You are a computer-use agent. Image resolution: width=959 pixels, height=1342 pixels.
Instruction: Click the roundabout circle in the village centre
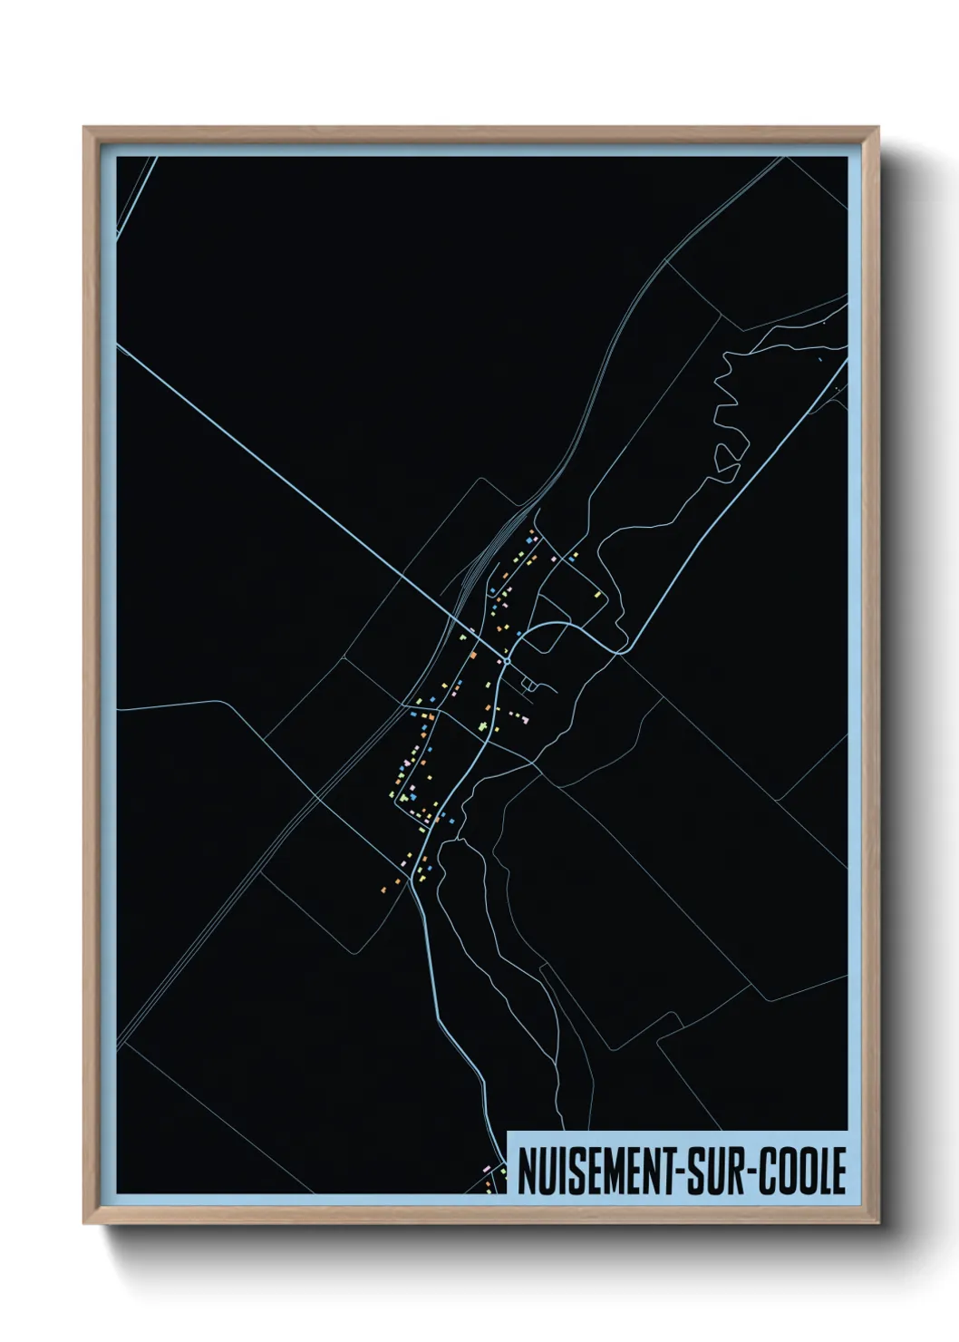click(x=508, y=661)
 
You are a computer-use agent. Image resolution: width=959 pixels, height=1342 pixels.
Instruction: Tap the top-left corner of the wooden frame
click(x=86, y=130)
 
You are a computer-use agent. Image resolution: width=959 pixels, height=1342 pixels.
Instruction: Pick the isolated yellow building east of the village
click(x=598, y=595)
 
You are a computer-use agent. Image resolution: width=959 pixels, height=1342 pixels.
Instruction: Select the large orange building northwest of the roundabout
click(x=472, y=652)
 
